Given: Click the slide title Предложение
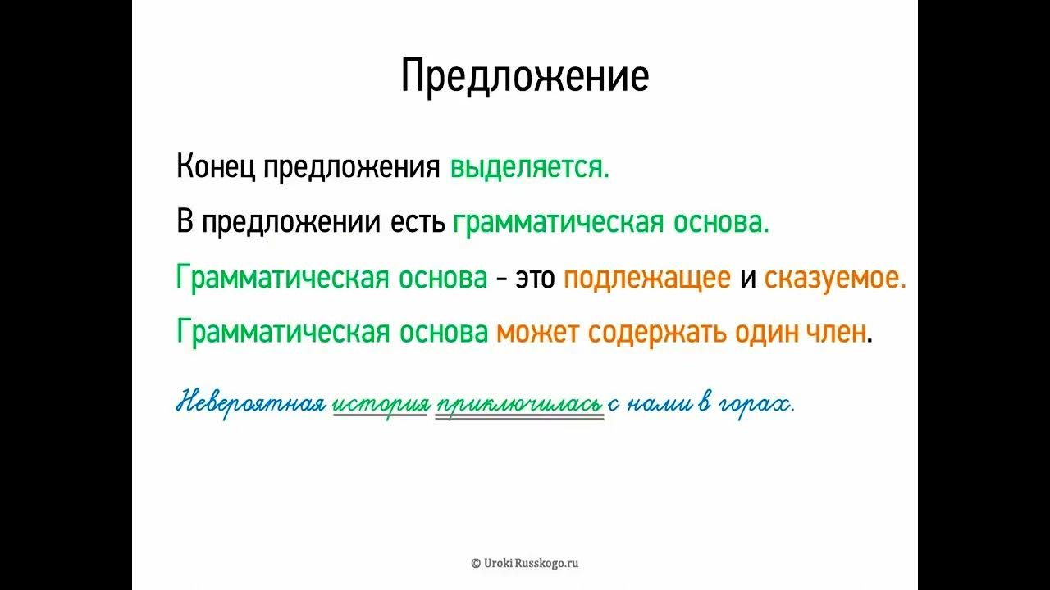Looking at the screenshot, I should (525, 76).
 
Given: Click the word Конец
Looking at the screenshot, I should (216, 167).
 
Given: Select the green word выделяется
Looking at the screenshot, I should (529, 167).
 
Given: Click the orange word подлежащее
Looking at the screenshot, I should (647, 279).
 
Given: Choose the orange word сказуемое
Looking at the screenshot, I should (834, 279).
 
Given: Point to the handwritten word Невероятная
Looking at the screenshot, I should (251, 404).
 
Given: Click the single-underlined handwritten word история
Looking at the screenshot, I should (381, 404).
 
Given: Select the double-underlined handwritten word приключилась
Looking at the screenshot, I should (519, 404).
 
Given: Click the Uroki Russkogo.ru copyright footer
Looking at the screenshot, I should (525, 563).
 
